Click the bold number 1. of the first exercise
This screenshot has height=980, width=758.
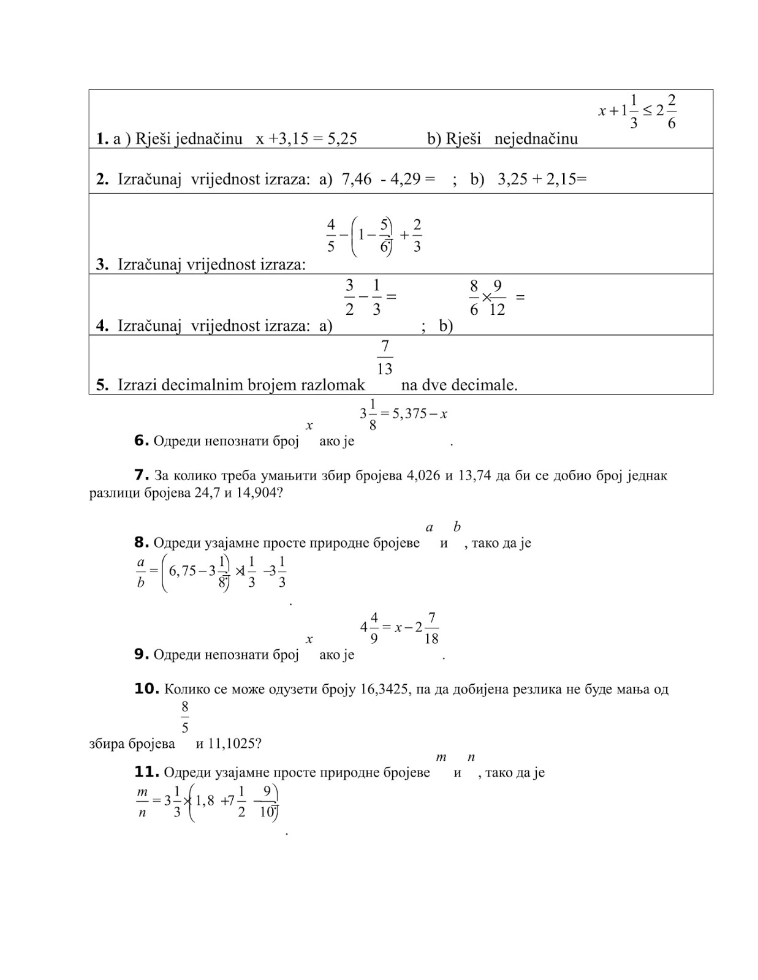pos(102,139)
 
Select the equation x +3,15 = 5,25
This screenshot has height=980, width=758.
pos(306,139)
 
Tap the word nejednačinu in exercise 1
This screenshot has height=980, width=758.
pos(536,139)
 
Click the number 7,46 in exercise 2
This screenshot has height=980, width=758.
pos(357,179)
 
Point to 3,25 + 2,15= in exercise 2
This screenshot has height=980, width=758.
pos(542,179)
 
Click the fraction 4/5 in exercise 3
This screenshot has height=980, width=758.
pos(331,235)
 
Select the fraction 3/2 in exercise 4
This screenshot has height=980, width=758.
pos(349,297)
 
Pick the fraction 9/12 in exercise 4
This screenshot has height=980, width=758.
pos(497,297)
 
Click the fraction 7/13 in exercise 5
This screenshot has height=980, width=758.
pos(384,358)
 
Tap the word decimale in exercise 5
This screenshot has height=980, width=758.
pos(490,385)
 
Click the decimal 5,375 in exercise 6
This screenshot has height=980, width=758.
pos(409,414)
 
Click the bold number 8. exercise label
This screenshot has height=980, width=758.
pos(142,543)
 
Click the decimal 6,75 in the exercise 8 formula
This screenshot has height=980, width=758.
pos(183,571)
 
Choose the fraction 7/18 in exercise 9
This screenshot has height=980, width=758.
pos(431,628)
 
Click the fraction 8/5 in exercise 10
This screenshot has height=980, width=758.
pos(185,717)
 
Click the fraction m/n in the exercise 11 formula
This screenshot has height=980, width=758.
pos(142,803)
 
